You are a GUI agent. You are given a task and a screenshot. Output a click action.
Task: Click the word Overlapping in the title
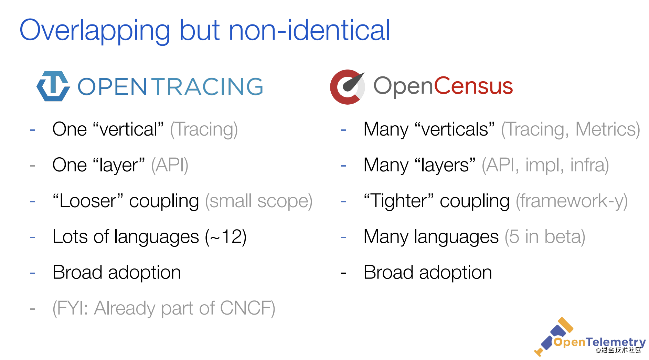[95, 31]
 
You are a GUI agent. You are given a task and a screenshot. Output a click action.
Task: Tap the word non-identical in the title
[309, 30]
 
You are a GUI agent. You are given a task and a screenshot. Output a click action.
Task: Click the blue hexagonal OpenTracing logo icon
[53, 86]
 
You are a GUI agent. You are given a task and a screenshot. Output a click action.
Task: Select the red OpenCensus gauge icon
[348, 87]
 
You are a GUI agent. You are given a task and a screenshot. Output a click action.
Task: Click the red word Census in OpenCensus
[474, 86]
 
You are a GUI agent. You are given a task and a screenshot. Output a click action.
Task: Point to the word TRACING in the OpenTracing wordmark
[208, 86]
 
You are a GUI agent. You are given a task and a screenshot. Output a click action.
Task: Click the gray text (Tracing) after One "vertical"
[204, 130]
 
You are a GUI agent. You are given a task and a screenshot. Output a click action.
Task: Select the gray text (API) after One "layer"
[170, 165]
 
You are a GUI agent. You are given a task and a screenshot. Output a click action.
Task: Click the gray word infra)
[589, 165]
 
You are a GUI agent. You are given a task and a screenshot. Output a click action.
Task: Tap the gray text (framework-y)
[572, 201]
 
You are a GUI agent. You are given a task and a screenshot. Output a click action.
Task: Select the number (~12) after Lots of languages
[226, 237]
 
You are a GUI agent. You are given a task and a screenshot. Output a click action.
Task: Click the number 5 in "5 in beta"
[514, 237]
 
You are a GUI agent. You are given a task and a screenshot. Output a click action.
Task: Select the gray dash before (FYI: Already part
[32, 309]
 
